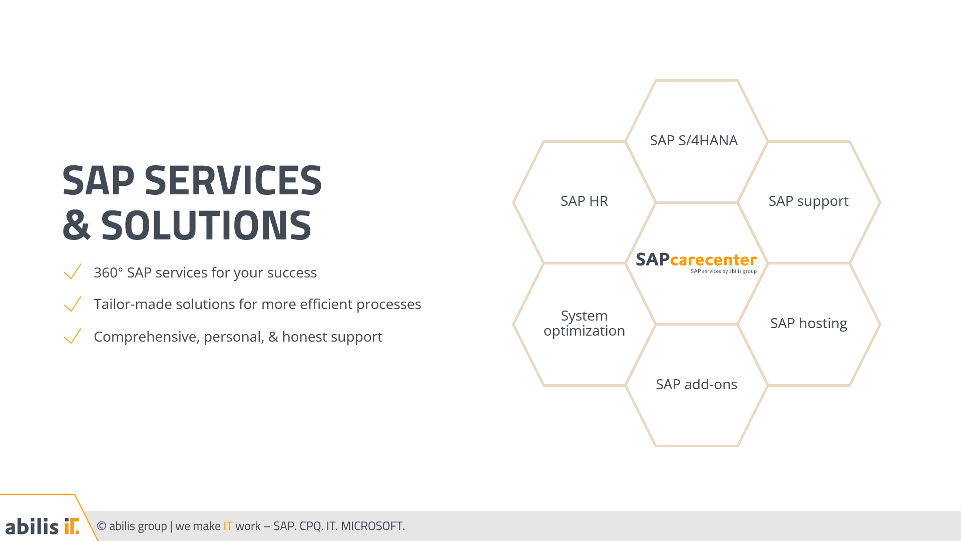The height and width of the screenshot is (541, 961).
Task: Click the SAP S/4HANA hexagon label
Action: [693, 140]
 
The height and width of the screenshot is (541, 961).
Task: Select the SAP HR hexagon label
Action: [584, 201]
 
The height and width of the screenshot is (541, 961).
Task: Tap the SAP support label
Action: [808, 201]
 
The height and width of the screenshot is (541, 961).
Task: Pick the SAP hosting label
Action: [808, 323]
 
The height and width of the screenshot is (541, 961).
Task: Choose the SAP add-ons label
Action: [696, 384]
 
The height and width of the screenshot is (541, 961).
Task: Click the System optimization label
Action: [584, 323]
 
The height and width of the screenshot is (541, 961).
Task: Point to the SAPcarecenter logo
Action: [696, 262]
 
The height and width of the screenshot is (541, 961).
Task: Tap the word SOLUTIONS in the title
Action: [206, 225]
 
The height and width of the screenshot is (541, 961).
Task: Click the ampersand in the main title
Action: [76, 225]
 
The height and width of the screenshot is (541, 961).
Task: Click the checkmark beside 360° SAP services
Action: [73, 272]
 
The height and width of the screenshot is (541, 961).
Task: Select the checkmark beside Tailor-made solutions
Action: [73, 304]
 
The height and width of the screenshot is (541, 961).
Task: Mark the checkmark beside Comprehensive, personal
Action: [73, 336]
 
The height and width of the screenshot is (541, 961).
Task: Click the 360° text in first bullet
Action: [108, 273]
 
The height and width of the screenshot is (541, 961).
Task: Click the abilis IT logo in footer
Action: [42, 526]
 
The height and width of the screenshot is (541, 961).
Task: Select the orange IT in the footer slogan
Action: [228, 526]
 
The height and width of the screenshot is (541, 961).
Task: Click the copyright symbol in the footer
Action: [102, 526]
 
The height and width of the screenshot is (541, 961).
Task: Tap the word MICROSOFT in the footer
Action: [372, 526]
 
